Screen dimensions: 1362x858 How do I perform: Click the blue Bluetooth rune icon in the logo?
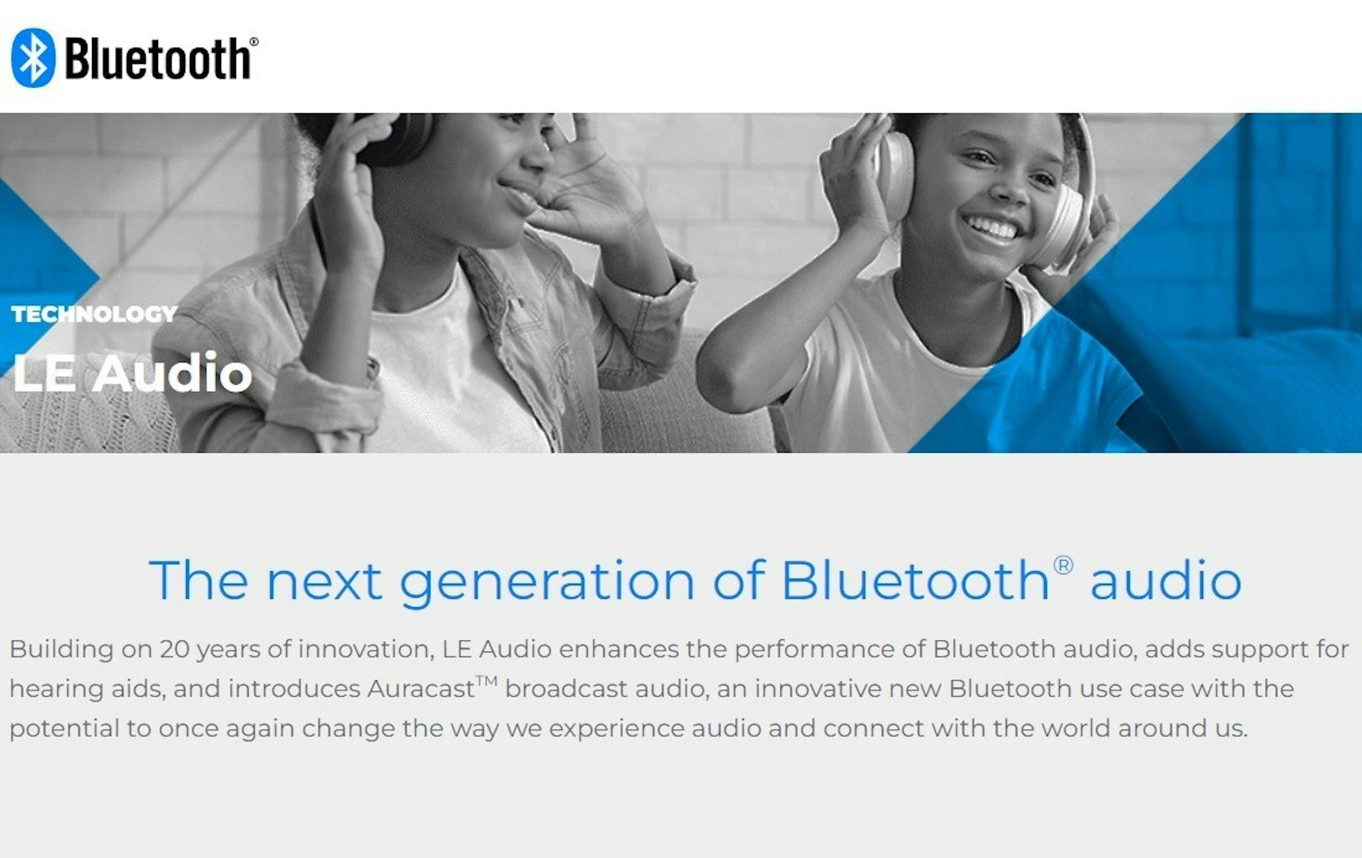(x=34, y=57)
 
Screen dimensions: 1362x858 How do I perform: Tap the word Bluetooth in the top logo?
(x=159, y=59)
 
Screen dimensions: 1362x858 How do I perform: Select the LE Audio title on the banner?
(x=132, y=372)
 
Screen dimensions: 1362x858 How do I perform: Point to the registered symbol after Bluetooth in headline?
(x=1064, y=565)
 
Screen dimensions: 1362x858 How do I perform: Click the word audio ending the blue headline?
(x=1166, y=580)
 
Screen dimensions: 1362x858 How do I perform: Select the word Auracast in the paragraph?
(x=421, y=689)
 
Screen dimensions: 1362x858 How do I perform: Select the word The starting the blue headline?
(x=198, y=580)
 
